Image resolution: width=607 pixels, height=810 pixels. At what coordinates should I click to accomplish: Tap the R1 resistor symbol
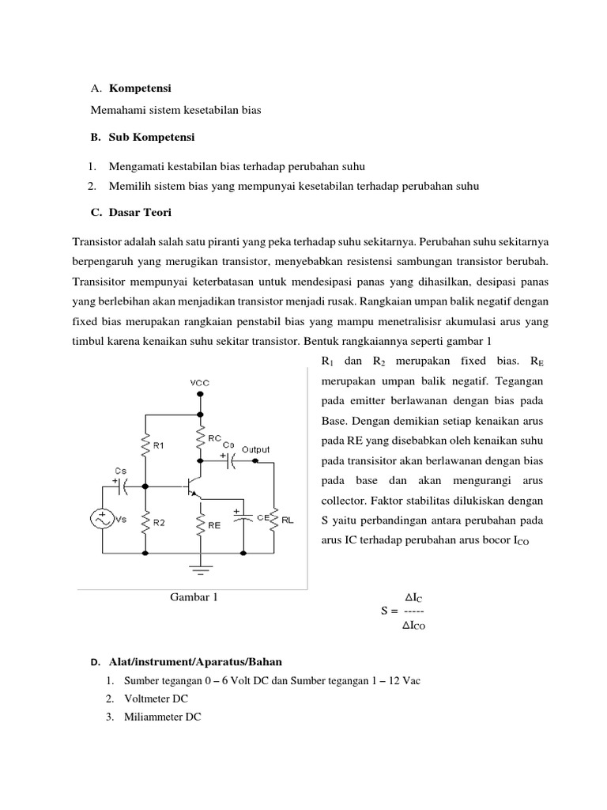coord(145,446)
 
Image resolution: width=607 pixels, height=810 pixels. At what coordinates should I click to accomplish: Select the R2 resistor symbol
coord(145,521)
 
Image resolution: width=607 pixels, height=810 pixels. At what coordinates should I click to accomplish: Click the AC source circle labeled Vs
coord(103,520)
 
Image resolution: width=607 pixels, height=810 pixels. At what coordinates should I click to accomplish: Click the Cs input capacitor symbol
coord(123,486)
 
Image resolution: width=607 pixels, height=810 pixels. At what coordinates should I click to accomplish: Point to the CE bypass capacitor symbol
coord(243,518)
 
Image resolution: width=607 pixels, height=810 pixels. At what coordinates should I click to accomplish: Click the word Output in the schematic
coord(255,449)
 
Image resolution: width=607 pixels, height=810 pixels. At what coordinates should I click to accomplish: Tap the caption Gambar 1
coord(194,597)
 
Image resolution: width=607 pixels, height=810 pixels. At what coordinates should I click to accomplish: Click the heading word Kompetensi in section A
coord(140,86)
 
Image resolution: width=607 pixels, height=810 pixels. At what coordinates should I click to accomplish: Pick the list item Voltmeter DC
coord(156,699)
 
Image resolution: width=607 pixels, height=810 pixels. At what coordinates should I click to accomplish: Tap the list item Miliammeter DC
coord(162,717)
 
